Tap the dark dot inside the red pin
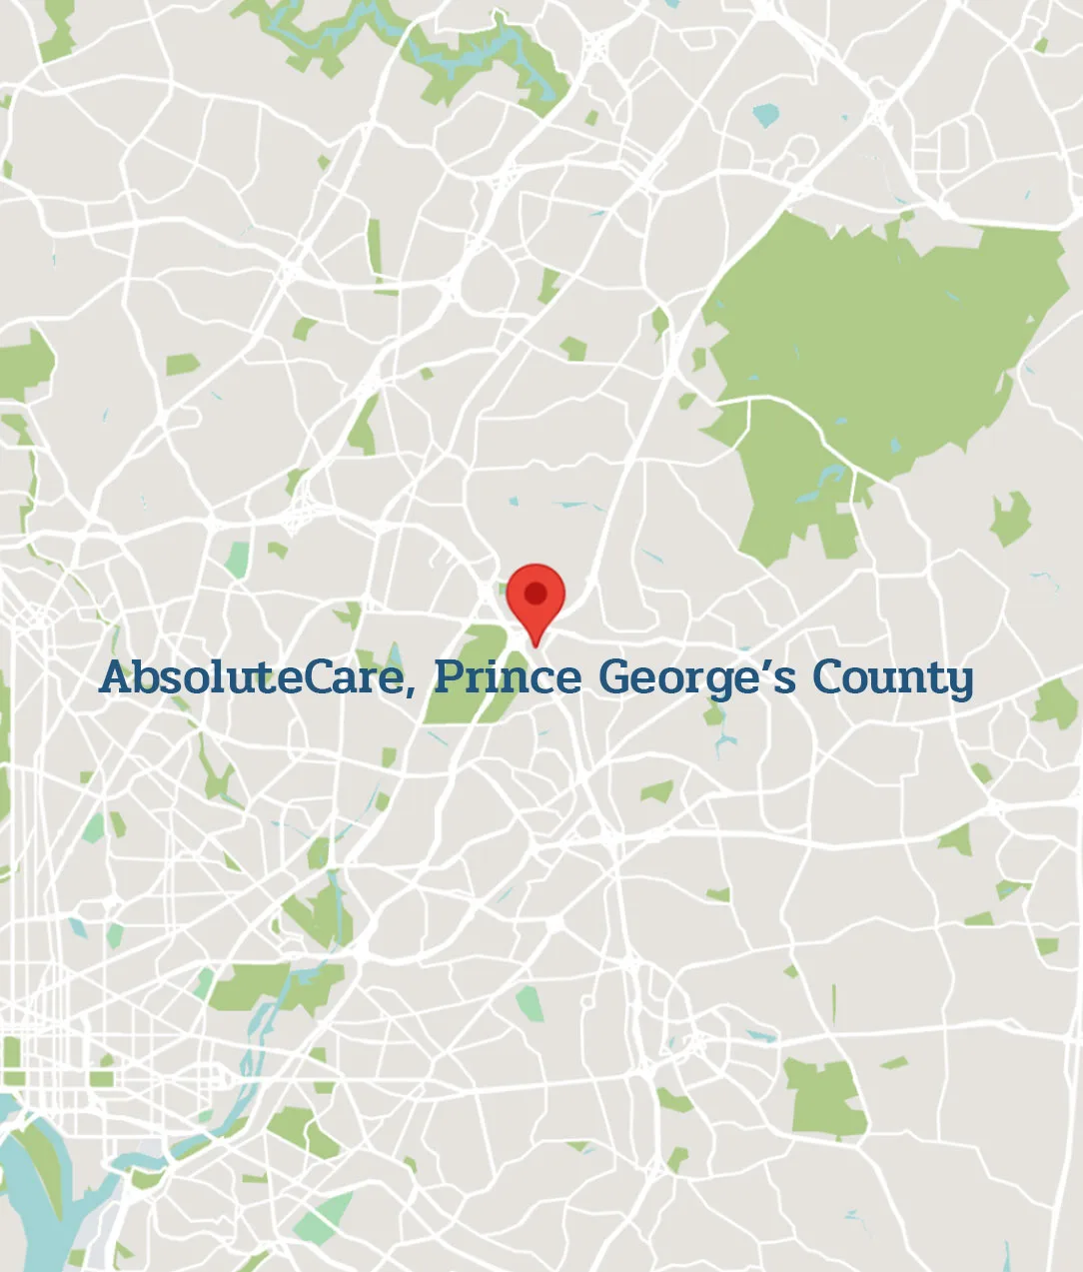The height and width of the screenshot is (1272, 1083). click(x=536, y=594)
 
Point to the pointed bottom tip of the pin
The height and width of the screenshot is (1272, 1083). click(x=536, y=645)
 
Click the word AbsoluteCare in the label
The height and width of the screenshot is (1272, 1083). click(x=250, y=677)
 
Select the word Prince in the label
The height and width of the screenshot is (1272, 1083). click(x=507, y=677)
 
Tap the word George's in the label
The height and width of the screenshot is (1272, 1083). click(x=696, y=677)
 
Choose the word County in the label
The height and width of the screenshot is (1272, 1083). click(x=891, y=677)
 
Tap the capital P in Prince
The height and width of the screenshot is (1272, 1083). click(x=447, y=677)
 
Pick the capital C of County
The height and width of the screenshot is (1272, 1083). click(x=828, y=677)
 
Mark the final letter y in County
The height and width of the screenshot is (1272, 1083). click(x=960, y=681)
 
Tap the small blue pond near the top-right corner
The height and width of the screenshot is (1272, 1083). click(x=764, y=115)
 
